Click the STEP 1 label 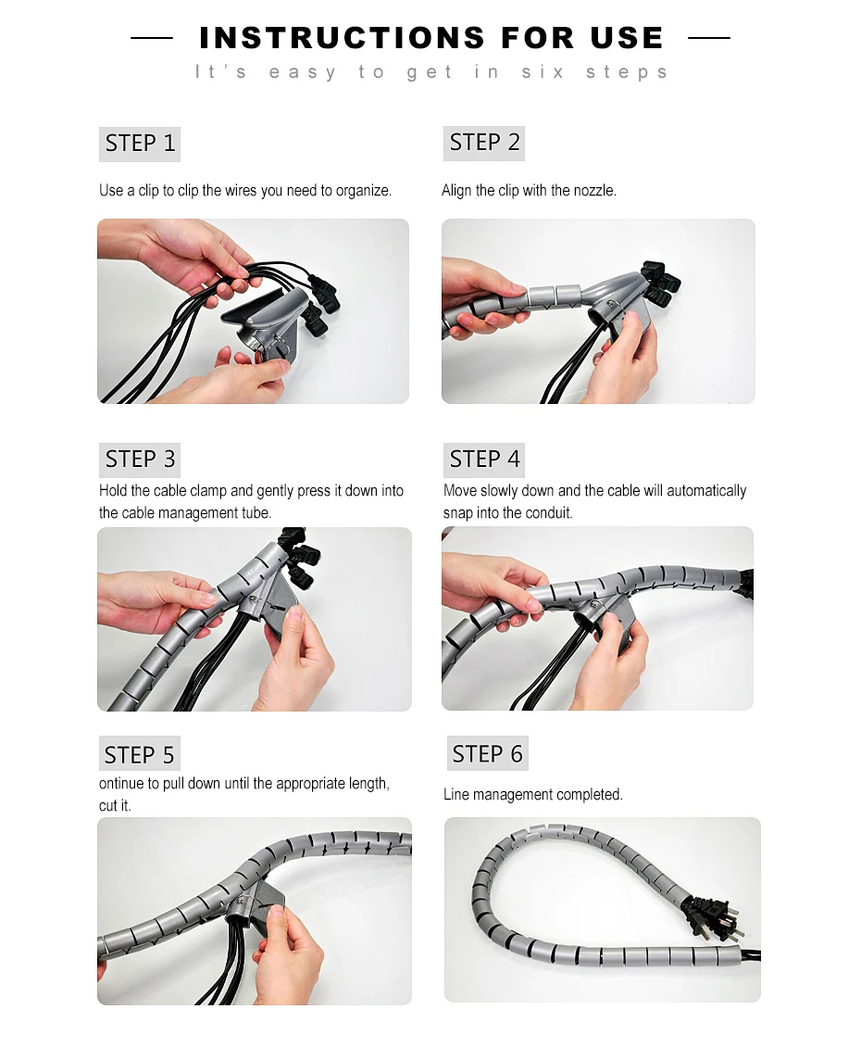pos(140,144)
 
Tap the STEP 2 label pos(484,143)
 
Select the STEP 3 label pos(140,460)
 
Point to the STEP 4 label pos(484,460)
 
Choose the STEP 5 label pos(140,754)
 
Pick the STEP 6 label pos(487,754)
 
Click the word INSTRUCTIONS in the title pos(343,38)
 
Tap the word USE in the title pos(627,38)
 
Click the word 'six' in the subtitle pos(543,71)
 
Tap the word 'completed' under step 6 pos(589,795)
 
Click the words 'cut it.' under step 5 pos(115,806)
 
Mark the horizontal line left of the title pos(152,38)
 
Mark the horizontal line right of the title pos(709,38)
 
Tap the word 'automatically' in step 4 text pos(706,491)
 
